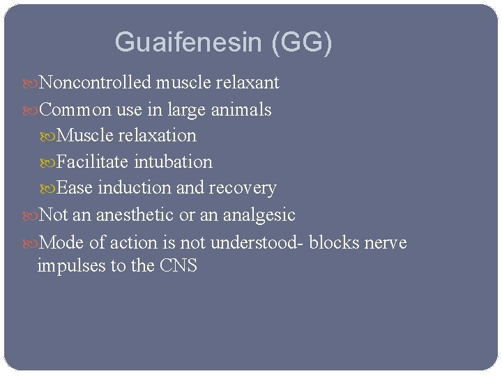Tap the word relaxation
coord(154,135)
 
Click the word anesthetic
coord(135,214)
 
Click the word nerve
coord(386,243)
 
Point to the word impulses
coord(70,266)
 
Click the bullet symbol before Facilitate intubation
coord(47,162)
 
